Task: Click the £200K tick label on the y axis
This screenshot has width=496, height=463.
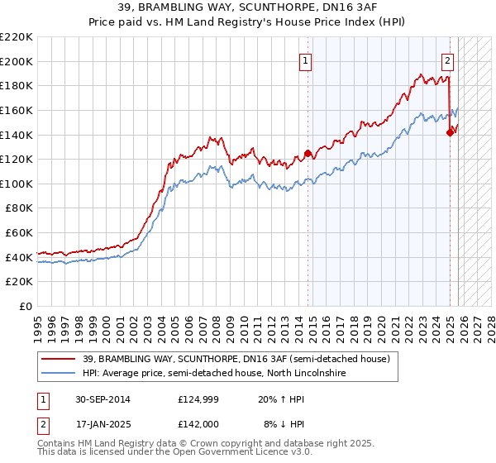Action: click(x=17, y=61)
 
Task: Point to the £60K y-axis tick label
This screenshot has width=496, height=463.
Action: click(x=19, y=233)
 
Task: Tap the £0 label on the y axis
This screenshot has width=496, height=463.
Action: click(x=26, y=307)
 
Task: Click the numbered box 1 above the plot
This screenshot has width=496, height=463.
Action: click(x=306, y=60)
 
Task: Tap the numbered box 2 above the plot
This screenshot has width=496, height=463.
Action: click(x=447, y=60)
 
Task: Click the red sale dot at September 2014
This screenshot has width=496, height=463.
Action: click(x=308, y=153)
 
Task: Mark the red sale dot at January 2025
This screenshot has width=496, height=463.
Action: click(x=450, y=132)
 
